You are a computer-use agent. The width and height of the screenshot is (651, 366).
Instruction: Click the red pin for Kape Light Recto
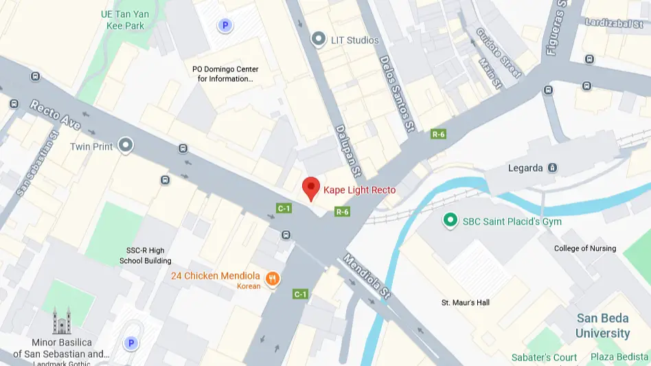311,187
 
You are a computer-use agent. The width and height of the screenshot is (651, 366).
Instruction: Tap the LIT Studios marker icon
318,40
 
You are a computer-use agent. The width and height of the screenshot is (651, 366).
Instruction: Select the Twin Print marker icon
125,146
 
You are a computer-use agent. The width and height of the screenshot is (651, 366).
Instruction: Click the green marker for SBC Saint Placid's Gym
450,220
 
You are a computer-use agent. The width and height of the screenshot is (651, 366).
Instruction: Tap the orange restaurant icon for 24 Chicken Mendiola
273,278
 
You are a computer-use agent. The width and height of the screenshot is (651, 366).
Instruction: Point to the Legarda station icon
553,168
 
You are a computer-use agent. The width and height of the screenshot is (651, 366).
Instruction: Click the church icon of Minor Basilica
62,321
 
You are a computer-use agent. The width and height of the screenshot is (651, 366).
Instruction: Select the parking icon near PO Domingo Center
224,26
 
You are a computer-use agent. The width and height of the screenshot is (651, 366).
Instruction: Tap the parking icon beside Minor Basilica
130,343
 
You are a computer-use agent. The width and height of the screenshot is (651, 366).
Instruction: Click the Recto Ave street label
56,115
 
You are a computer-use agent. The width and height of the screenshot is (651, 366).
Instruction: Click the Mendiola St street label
367,276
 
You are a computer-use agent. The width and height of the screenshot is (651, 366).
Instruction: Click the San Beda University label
602,325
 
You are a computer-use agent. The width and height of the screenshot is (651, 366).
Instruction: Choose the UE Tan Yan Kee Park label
124,20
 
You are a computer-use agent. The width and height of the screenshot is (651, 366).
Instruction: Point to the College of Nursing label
585,249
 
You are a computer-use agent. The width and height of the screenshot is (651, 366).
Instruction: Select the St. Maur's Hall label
466,303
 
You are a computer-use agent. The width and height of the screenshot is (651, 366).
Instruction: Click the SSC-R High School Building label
146,255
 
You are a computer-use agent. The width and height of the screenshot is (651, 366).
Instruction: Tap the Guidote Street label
499,53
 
